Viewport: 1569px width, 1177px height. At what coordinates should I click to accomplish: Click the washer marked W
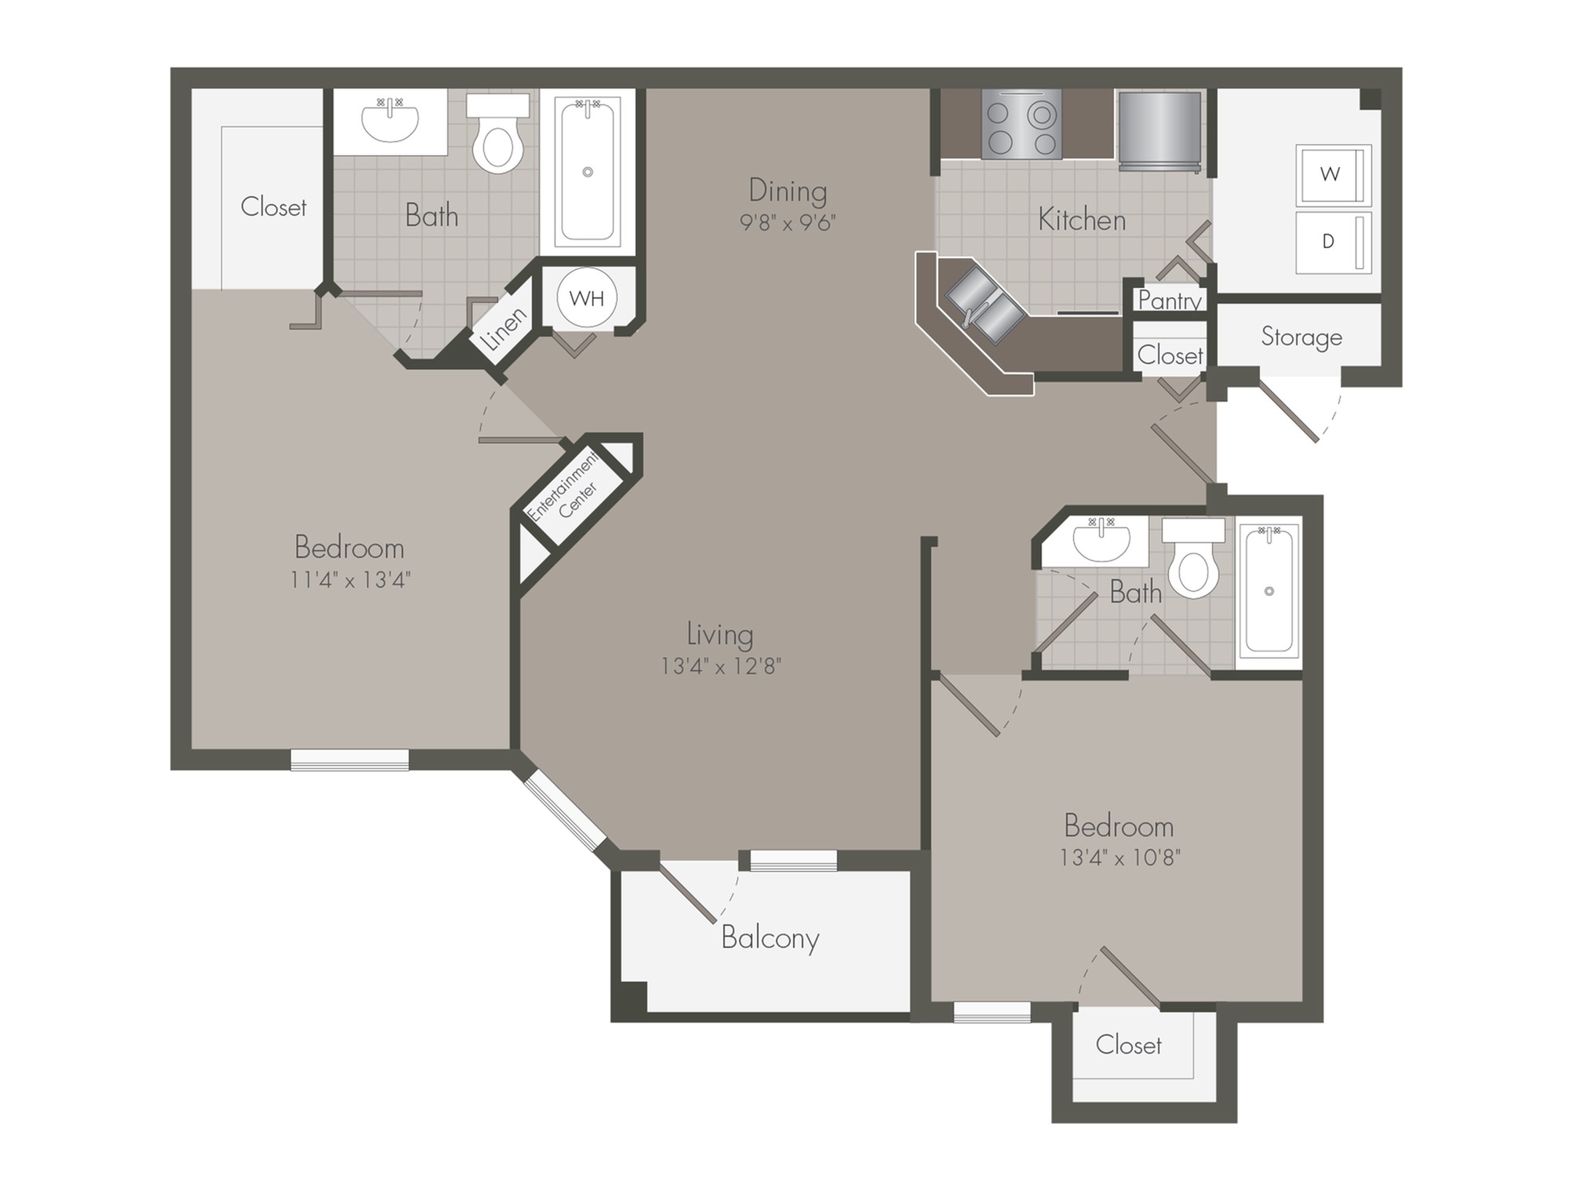(1332, 174)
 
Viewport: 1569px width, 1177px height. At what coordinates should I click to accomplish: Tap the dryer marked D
(1332, 242)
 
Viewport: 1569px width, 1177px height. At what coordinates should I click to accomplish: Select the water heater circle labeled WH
(587, 298)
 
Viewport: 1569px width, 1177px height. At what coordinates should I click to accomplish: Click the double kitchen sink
(985, 304)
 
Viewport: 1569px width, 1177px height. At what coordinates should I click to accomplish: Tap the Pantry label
(1170, 301)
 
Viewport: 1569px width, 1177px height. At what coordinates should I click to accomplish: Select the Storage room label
(1301, 337)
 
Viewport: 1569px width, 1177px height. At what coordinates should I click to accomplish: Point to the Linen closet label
(504, 329)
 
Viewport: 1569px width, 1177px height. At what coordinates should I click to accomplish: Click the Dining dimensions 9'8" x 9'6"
(788, 223)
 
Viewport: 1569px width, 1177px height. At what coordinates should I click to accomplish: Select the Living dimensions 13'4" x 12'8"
(720, 666)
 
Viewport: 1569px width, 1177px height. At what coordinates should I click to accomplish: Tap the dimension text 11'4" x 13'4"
(350, 580)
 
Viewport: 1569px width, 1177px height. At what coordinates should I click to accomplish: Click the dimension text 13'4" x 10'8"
(1119, 858)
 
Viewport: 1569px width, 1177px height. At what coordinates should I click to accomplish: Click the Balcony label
(770, 938)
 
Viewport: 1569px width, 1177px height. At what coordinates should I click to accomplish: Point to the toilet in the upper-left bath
(497, 141)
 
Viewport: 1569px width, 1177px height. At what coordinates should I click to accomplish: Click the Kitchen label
(1081, 220)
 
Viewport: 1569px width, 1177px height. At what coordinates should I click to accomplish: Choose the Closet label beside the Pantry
(1170, 355)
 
